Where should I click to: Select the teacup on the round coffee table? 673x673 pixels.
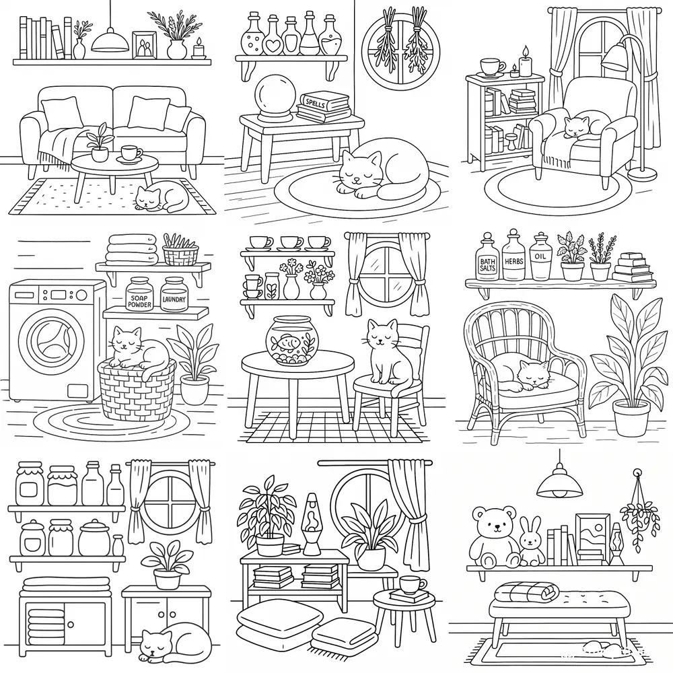click(x=131, y=153)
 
